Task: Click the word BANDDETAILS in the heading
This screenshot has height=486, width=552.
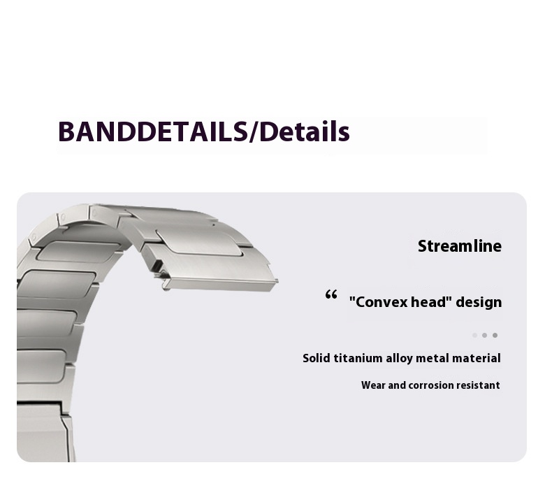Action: point(153,131)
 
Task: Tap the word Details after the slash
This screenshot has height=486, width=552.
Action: point(304,131)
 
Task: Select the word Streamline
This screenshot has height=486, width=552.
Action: point(459,246)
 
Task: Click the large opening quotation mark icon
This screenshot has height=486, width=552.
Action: point(331,294)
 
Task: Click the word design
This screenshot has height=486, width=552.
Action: point(479,302)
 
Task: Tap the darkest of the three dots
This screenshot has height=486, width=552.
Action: point(495,335)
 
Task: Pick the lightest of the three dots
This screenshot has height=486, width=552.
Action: point(474,335)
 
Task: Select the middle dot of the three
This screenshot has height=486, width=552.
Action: point(485,335)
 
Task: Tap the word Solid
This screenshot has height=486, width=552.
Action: point(317,358)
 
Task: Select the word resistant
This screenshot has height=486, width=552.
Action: point(478,385)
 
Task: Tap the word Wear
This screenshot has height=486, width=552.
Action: point(373,385)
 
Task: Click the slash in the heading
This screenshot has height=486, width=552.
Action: point(253,131)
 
